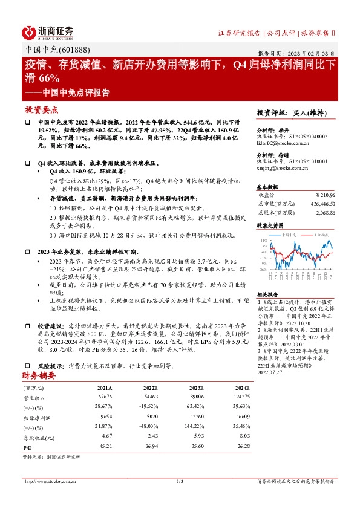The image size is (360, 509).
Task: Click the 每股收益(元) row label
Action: tap(44, 436)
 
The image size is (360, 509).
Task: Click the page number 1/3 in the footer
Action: tap(180, 481)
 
